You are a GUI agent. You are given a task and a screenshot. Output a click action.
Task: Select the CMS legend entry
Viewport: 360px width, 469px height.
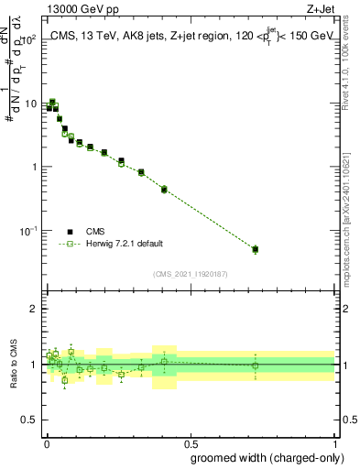tap(94, 232)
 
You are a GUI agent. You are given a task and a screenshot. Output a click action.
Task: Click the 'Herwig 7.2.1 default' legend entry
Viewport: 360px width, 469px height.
tap(123, 244)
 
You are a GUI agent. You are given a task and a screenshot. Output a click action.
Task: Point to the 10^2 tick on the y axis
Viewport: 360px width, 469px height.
tap(29, 40)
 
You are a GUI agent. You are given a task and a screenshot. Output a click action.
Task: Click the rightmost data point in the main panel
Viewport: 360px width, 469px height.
tap(256, 248)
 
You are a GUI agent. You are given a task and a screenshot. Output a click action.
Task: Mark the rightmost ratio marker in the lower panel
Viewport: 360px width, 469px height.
tap(256, 365)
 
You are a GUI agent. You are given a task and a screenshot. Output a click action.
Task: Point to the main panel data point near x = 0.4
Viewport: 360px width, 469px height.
tap(164, 190)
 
